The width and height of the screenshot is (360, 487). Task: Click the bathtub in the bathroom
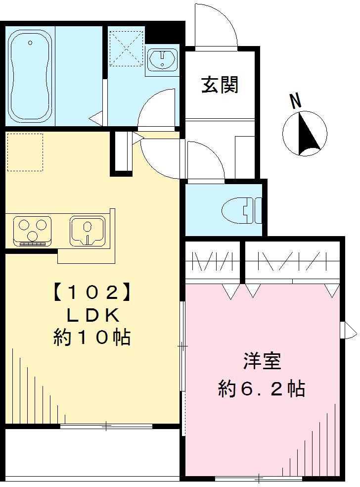click(30, 75)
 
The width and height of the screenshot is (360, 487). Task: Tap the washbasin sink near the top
click(162, 60)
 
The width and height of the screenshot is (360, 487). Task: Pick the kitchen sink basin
click(88, 230)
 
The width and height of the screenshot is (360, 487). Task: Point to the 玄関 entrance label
click(220, 85)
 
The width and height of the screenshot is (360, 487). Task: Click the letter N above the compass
click(296, 101)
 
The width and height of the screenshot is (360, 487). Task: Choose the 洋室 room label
click(262, 361)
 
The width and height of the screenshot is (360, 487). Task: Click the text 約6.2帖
click(262, 389)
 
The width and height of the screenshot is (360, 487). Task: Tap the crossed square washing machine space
click(126, 48)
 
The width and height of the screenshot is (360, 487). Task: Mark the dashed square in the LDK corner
click(25, 152)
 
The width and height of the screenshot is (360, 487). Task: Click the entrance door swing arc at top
click(218, 27)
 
